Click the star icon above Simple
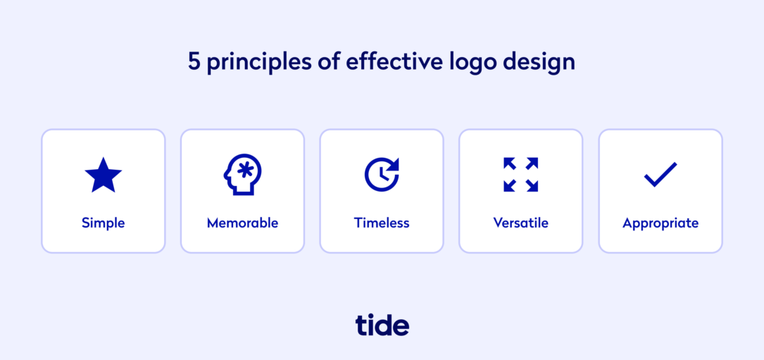pyautogui.click(x=103, y=175)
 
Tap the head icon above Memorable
pyautogui.click(x=242, y=175)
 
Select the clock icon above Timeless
pyautogui.click(x=382, y=175)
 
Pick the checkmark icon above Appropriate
pyautogui.click(x=660, y=175)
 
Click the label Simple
pyautogui.click(x=103, y=223)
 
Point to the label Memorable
pyautogui.click(x=242, y=223)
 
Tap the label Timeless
pyautogui.click(x=382, y=223)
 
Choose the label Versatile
pyautogui.click(x=521, y=223)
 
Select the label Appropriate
pyautogui.click(x=660, y=223)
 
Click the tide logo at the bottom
pyautogui.click(x=382, y=325)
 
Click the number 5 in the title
pyautogui.click(x=194, y=62)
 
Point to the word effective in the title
pyautogui.click(x=394, y=62)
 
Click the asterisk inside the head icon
pyautogui.click(x=245, y=170)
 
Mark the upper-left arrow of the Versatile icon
pyautogui.click(x=510, y=163)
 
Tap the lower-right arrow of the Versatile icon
pyautogui.click(x=532, y=186)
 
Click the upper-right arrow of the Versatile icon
pyautogui.click(x=532, y=163)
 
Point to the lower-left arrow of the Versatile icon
pyautogui.click(x=510, y=186)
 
